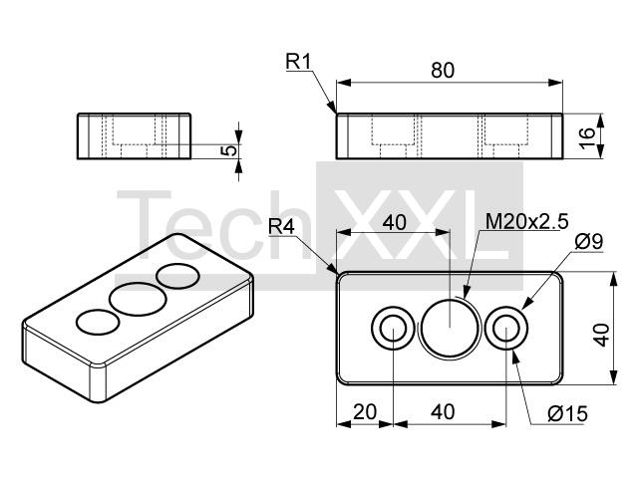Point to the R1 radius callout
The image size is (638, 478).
coord(299,62)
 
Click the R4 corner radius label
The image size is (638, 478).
coord(282,228)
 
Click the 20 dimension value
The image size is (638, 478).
coord(365,410)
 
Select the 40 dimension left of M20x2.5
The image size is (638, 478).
coord(394,222)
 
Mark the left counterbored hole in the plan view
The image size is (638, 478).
coord(393,328)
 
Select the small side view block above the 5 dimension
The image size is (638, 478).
coord(133,136)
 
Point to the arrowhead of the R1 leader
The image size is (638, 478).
coord(334,112)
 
